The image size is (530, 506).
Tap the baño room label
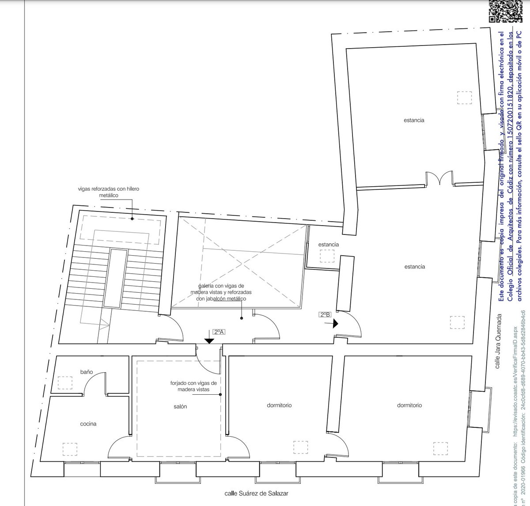87,372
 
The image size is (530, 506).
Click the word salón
180,407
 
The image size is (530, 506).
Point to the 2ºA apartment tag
219,331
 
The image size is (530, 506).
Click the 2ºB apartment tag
324,314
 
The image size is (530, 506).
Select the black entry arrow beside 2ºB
335,324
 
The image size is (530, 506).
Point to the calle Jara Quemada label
497,342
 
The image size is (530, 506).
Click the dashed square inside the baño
65,382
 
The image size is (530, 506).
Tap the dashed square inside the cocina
70,449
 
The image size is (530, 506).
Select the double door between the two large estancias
439,180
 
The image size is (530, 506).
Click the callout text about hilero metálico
108,192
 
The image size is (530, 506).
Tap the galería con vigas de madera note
218,292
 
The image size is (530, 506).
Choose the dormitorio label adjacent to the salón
279,405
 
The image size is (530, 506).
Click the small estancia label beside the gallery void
328,244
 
